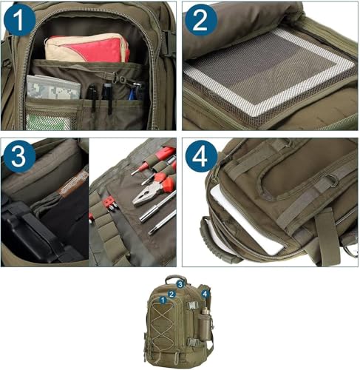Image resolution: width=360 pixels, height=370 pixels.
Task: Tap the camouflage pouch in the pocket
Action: (x=53, y=89)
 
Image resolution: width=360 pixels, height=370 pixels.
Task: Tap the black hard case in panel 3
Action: (x=30, y=229)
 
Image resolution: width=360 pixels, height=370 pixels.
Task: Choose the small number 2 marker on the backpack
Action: (x=171, y=294)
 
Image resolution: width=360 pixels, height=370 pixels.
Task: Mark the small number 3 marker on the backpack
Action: (x=180, y=283)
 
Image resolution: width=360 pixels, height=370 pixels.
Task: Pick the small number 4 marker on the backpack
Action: (x=205, y=294)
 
